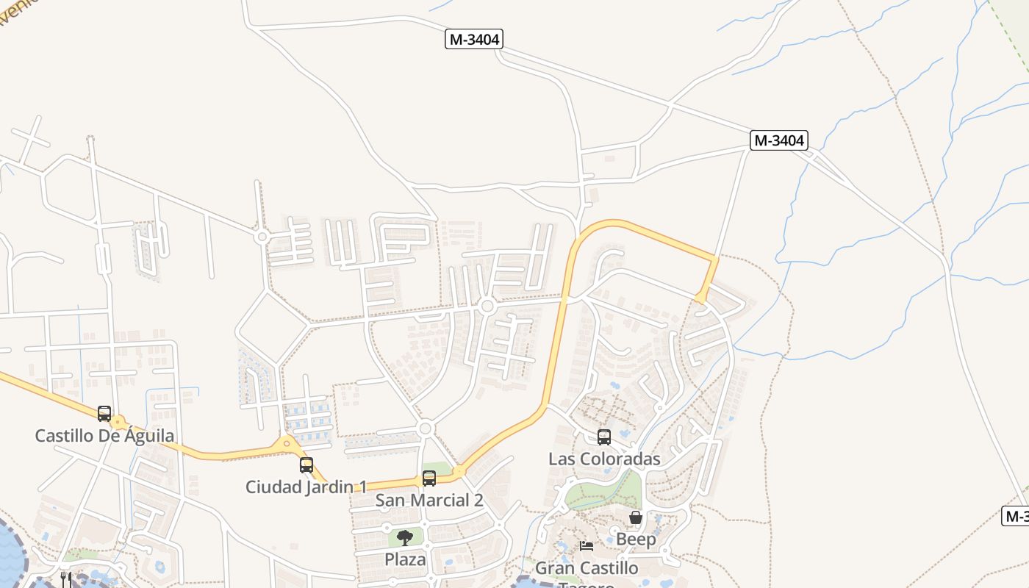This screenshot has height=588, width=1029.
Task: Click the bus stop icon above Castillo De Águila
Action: (x=104, y=413)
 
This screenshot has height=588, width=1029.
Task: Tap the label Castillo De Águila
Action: (x=104, y=435)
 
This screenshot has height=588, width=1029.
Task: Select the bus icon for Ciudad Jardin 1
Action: (x=306, y=465)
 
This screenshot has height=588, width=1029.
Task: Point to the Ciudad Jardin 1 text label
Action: (x=306, y=487)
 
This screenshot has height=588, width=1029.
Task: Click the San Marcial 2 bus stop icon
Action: (x=429, y=478)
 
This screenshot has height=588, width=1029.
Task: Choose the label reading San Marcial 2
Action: (x=429, y=501)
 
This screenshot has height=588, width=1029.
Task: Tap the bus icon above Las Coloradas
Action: (x=604, y=437)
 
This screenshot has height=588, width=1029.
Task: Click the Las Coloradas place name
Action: (x=604, y=459)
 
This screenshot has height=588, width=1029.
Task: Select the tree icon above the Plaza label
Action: (x=405, y=537)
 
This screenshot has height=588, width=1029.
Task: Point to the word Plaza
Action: (x=405, y=559)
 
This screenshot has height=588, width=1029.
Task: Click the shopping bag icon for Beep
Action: (x=636, y=517)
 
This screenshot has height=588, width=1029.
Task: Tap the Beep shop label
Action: (x=636, y=539)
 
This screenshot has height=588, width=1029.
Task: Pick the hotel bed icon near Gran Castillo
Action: (x=587, y=545)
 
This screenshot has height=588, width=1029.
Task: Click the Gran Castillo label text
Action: (x=587, y=568)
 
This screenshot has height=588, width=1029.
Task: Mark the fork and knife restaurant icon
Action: (x=66, y=578)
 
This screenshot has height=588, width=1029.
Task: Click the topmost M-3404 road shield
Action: (x=474, y=39)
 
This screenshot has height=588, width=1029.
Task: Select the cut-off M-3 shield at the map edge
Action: (x=1016, y=516)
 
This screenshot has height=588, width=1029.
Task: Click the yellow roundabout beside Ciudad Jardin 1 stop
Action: (x=287, y=443)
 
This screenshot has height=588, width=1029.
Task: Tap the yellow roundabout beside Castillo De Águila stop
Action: (x=118, y=423)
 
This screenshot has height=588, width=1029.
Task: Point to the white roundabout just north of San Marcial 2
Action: (x=424, y=429)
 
